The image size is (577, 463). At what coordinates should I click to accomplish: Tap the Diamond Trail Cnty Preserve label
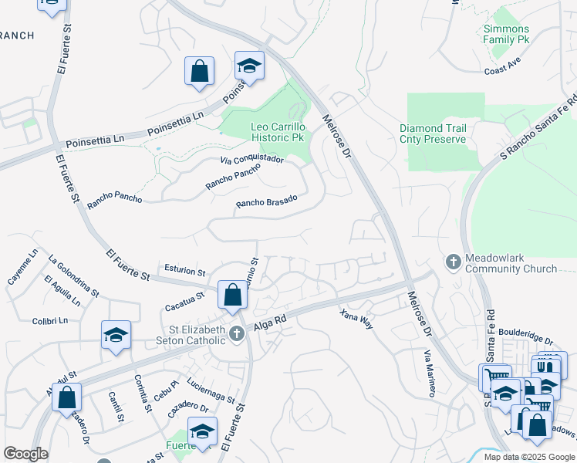point(433,133)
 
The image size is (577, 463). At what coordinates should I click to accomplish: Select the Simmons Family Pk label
point(506,34)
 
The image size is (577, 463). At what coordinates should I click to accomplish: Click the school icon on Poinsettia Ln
point(250,67)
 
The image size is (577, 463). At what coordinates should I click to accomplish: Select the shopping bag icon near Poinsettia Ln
point(199,72)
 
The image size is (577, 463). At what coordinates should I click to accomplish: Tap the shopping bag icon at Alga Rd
point(232,295)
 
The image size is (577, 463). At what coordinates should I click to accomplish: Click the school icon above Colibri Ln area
point(116,336)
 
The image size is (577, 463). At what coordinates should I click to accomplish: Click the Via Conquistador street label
point(251,160)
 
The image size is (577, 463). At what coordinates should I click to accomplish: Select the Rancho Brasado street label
point(266,203)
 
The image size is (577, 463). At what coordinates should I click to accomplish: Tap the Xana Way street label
point(357,319)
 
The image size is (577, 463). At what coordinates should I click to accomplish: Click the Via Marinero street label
point(430,373)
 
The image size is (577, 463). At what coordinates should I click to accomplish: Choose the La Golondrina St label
point(73,276)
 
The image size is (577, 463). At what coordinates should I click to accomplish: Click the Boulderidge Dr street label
point(526,336)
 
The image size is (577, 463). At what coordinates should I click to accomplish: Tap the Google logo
point(25,454)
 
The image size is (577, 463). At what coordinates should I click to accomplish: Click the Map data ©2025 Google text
point(528,456)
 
